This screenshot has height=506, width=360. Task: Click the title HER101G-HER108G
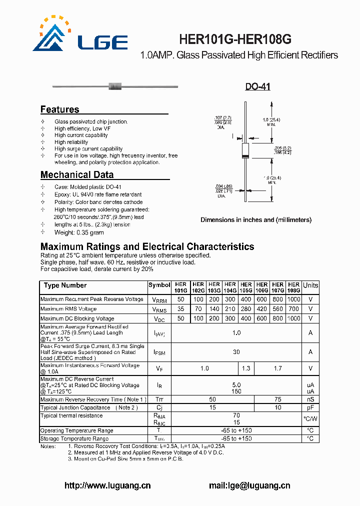click(235, 39)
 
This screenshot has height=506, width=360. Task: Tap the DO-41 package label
click(257, 86)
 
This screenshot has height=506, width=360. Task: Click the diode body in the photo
click(114, 86)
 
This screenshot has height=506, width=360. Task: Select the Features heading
click(59, 109)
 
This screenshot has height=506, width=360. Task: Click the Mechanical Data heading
click(76, 174)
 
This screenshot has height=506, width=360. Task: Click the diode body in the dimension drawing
click(245, 150)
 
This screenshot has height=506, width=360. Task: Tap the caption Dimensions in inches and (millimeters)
click(256, 219)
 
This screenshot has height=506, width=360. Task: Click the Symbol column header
click(159, 285)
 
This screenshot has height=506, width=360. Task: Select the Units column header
click(310, 285)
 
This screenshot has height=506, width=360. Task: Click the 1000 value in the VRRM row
click(294, 299)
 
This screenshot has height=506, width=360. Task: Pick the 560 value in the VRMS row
click(278, 309)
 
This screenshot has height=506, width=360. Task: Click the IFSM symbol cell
click(159, 352)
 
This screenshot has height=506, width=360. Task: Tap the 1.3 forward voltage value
click(246, 368)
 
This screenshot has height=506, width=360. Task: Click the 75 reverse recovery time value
click(278, 399)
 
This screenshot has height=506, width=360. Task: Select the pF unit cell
click(310, 408)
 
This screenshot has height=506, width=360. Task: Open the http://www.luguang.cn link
click(107, 485)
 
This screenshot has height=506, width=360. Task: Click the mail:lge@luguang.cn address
click(249, 485)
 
